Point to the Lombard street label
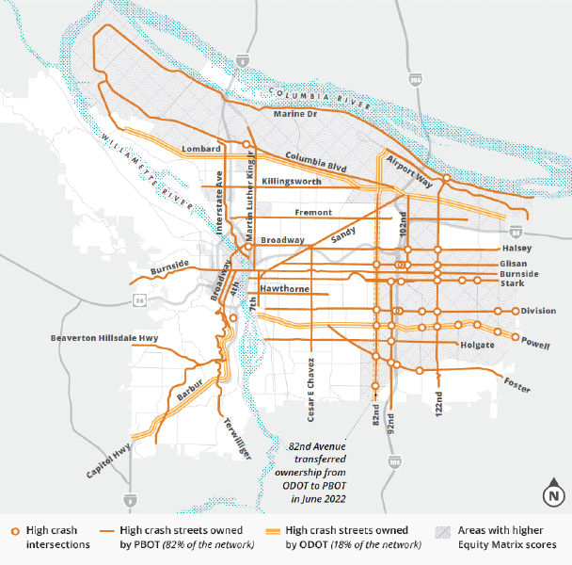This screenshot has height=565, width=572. click(x=202, y=149)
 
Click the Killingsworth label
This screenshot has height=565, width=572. click(x=292, y=180)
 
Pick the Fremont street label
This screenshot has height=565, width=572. click(x=313, y=213)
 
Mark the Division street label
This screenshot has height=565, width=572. click(x=538, y=311)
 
